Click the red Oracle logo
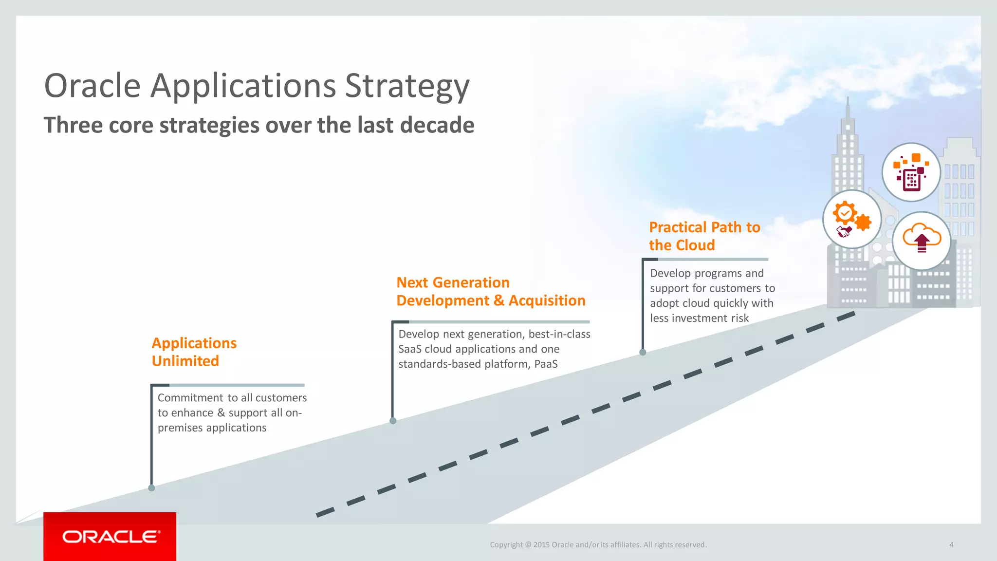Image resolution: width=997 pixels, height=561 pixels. [x=110, y=536]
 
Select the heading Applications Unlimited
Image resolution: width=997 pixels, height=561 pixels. [x=194, y=352]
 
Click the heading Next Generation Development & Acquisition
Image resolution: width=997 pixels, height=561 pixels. [x=491, y=291]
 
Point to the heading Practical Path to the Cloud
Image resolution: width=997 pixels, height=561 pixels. [x=704, y=236]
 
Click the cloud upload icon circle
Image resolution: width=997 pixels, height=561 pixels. [x=922, y=241]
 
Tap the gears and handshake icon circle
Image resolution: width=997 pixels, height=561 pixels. [x=852, y=219]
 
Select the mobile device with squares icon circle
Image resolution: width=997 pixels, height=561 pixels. [x=911, y=172]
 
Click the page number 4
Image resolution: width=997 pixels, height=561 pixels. [x=951, y=544]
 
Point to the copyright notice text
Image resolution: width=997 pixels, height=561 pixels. [x=598, y=544]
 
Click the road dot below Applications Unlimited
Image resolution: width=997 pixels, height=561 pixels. [x=151, y=488]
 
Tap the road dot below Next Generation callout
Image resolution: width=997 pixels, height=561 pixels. [x=393, y=421]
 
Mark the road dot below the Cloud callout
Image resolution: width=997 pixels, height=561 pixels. [x=643, y=352]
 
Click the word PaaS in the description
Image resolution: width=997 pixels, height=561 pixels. [x=546, y=364]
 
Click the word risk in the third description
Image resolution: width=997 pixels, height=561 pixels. [x=739, y=318]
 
